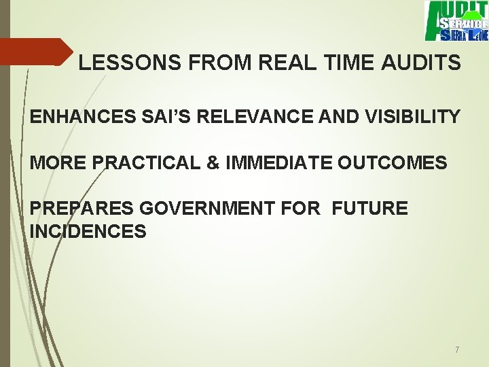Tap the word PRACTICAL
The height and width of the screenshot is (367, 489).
coord(143,163)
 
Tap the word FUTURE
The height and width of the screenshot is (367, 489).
coord(370,209)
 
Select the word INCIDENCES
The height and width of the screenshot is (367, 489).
coord(88,232)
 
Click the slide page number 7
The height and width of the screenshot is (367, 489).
coord(457,350)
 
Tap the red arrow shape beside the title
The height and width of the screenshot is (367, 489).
coord(34,52)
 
